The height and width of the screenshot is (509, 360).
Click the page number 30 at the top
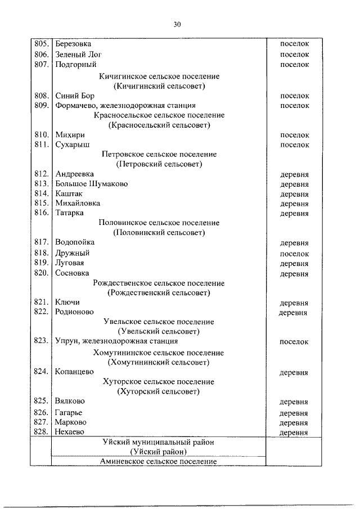[178, 24]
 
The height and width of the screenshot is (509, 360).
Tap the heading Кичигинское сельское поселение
[159, 76]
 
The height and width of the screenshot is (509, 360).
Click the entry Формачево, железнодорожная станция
[125, 106]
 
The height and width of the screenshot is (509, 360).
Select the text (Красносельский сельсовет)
[159, 125]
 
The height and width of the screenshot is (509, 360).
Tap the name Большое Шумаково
[92, 184]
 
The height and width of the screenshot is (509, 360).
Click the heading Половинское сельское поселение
[159, 223]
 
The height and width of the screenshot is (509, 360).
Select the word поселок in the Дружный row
[294, 253]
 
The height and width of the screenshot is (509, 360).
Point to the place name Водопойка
[75, 242]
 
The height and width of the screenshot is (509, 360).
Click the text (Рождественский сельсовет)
[159, 292]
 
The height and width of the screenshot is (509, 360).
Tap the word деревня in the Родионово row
[292, 312]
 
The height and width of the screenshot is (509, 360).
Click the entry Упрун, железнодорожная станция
[116, 341]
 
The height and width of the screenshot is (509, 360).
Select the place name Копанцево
[74, 371]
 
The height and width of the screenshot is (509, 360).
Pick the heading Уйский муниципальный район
[159, 443]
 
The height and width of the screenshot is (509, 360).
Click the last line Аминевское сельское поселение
[159, 461]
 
